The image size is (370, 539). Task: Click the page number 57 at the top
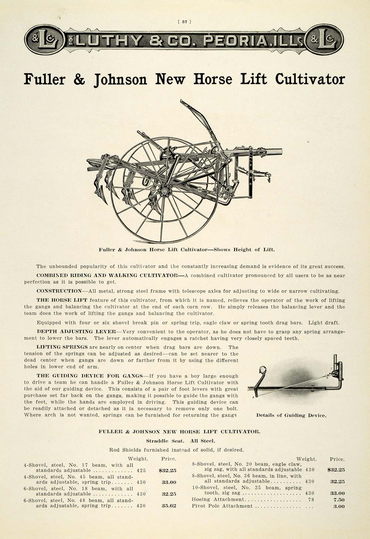[185, 21]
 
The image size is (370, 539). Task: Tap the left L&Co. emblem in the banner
[44, 40]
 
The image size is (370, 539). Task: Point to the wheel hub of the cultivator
[164, 191]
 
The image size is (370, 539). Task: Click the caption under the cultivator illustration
[186, 249]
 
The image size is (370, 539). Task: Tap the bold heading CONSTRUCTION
[58, 291]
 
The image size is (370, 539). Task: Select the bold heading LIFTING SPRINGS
[62, 347]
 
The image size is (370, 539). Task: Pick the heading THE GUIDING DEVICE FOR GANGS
[89, 376]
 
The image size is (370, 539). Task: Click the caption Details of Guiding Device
[291, 415]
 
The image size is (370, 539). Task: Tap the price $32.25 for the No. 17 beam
[167, 471]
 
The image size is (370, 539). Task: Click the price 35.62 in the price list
[169, 506]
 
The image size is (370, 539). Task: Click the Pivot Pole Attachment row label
[222, 506]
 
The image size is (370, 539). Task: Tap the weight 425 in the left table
[141, 471]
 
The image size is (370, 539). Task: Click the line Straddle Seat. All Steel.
[180, 441]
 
